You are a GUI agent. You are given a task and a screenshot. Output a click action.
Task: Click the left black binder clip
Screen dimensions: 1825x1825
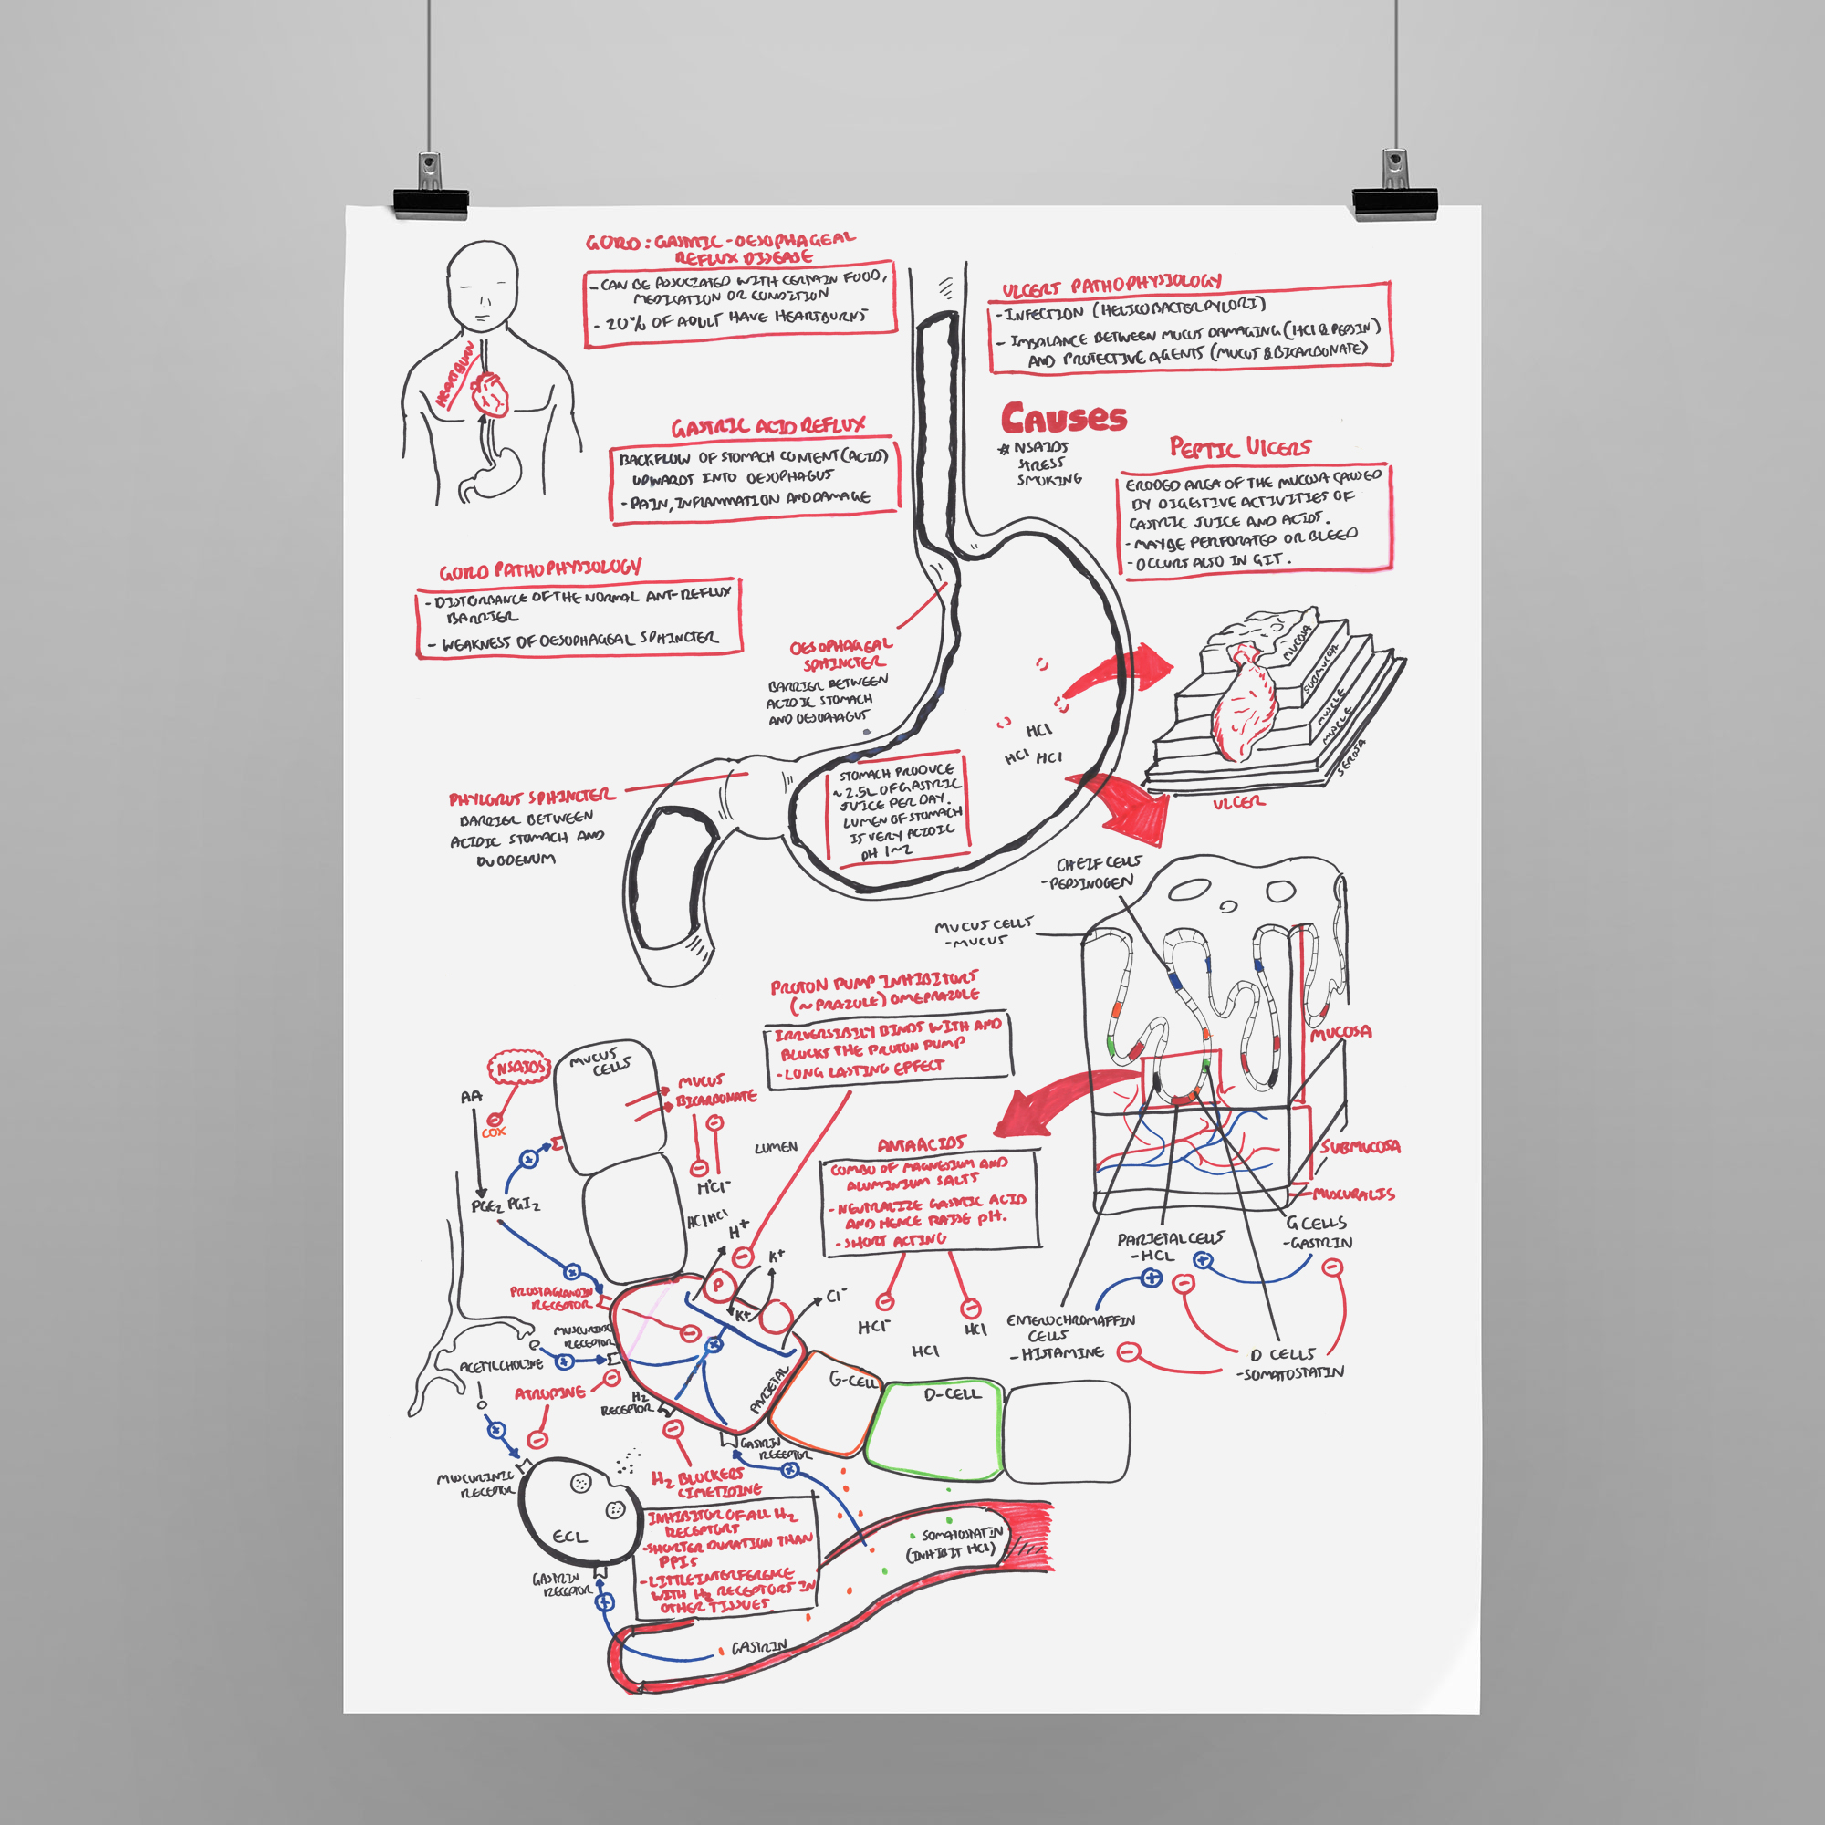(431, 198)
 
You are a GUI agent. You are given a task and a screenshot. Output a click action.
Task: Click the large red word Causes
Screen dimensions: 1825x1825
(1064, 418)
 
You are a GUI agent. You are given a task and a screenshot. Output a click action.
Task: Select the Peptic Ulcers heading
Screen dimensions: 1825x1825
(1240, 447)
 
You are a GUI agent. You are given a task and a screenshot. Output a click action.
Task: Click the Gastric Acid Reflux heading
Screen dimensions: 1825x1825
(767, 427)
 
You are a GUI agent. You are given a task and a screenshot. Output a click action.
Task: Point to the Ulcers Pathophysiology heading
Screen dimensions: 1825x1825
(1111, 284)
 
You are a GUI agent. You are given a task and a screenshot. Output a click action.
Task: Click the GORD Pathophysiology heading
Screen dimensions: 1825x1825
(539, 569)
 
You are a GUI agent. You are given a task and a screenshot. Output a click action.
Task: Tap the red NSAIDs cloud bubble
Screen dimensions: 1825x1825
(518, 1069)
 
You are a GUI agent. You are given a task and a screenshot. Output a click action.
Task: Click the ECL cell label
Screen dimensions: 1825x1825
(569, 1537)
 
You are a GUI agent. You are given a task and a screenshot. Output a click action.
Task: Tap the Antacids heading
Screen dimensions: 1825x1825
(921, 1145)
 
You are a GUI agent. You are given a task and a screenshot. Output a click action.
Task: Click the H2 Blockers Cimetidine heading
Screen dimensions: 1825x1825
(704, 1483)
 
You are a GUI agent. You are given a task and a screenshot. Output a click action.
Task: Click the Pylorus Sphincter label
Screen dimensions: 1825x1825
(531, 798)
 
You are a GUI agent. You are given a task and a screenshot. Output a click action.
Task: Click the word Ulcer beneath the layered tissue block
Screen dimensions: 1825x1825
(1238, 802)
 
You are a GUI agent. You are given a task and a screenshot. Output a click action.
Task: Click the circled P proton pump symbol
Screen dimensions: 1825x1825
(717, 1285)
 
